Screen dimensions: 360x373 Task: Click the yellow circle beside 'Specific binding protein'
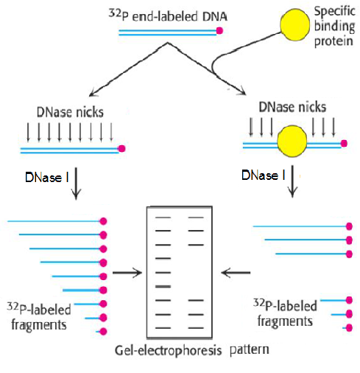tap(294, 24)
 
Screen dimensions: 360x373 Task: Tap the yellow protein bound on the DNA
tap(292, 141)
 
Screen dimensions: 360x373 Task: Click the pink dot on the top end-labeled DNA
tap(219, 31)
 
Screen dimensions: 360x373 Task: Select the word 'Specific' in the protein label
tap(335, 12)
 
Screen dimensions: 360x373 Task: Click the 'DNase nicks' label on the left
tap(70, 112)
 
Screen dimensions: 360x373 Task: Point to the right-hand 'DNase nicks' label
tap(292, 107)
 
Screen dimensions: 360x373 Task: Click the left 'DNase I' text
tap(47, 178)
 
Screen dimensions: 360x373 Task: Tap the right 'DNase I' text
tap(264, 175)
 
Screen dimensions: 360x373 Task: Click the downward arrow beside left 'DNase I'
tap(76, 184)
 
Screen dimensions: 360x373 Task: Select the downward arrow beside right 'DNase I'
tap(292, 181)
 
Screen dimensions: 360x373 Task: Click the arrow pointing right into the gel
tap(127, 273)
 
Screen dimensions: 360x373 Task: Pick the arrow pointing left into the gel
tap(236, 273)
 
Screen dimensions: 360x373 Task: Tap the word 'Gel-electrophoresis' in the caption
tap(168, 351)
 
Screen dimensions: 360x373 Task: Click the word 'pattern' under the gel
tap(250, 349)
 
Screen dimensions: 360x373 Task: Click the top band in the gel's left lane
tap(163, 217)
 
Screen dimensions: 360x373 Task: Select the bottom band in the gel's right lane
tap(196, 328)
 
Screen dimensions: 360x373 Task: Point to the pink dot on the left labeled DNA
tap(121, 149)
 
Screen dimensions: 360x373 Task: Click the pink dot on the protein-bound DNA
tap(344, 144)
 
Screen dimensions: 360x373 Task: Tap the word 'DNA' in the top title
tap(215, 17)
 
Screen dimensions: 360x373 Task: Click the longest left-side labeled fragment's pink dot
tap(104, 221)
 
